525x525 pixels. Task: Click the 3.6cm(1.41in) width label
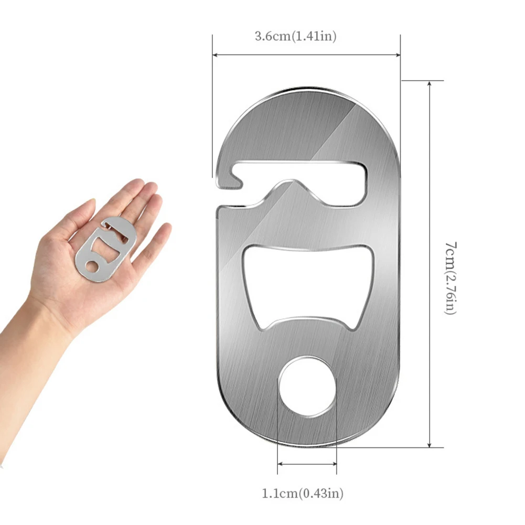click(x=295, y=36)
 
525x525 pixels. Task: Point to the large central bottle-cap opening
click(x=308, y=283)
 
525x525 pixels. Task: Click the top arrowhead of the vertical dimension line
click(x=430, y=84)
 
